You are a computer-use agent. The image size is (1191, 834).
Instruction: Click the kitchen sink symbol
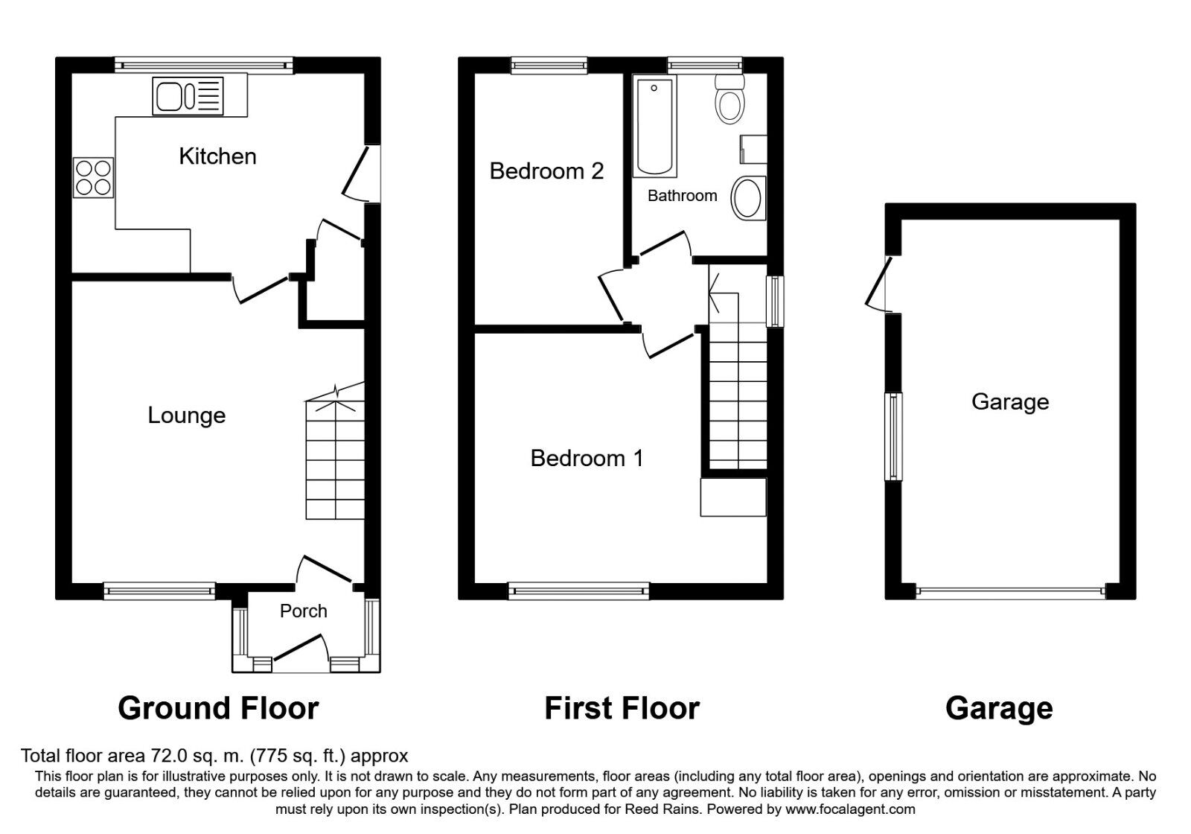click(x=188, y=97)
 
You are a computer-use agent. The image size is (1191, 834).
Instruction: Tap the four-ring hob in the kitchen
click(x=94, y=177)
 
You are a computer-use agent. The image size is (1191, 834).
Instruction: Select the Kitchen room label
click(x=217, y=156)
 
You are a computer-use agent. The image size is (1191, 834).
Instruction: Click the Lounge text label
click(x=186, y=416)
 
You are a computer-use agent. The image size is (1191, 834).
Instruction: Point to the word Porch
click(x=303, y=611)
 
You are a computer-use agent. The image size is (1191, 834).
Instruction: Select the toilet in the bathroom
click(x=729, y=101)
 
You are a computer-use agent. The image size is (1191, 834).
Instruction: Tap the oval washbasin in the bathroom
click(x=748, y=198)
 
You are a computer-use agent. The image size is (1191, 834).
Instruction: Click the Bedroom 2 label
click(x=546, y=171)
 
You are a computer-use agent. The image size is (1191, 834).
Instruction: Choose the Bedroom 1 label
click(x=587, y=458)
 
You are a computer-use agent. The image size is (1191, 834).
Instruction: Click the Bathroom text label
click(x=682, y=196)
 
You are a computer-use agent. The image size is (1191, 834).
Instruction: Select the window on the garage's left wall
click(x=893, y=436)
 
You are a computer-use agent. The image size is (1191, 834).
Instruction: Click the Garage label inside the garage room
click(x=1010, y=402)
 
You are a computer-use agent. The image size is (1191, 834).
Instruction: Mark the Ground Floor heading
click(x=218, y=708)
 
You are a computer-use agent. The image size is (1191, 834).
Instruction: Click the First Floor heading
click(x=622, y=708)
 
